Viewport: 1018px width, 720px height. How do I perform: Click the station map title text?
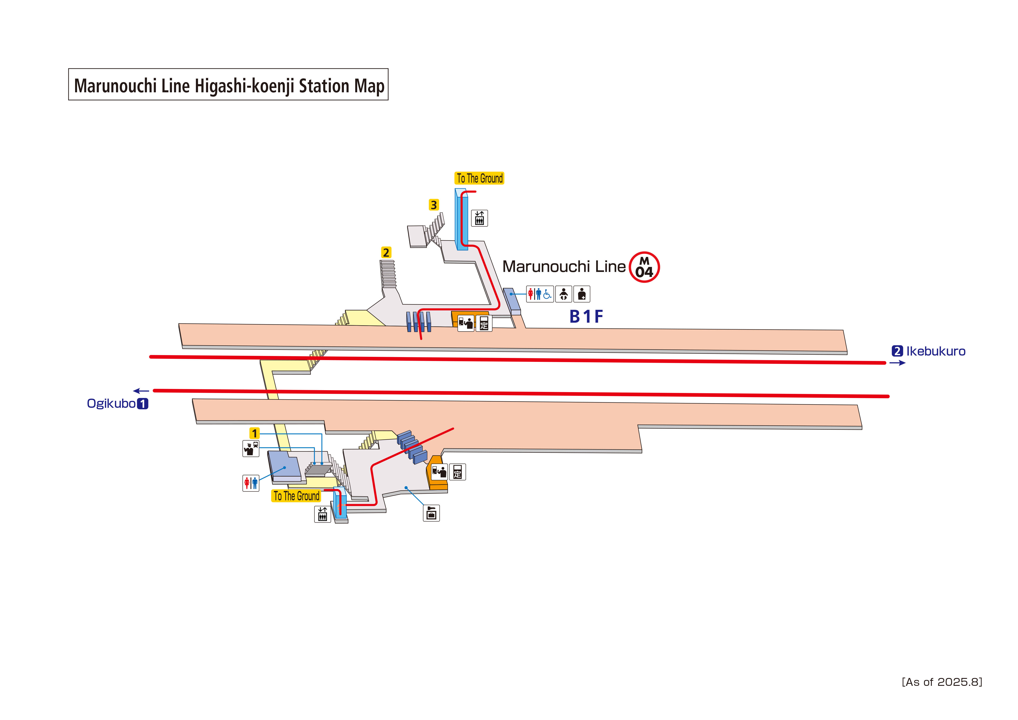229,86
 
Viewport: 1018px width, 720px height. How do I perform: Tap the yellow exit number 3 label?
434,205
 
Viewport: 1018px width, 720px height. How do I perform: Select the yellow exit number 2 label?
386,252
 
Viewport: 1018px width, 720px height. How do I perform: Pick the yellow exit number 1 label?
254,433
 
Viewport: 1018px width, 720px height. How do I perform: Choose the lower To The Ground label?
296,496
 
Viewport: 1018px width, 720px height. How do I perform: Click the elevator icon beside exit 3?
479,218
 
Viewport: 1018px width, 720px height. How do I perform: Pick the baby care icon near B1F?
564,294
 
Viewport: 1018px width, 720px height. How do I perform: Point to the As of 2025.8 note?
942,682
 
